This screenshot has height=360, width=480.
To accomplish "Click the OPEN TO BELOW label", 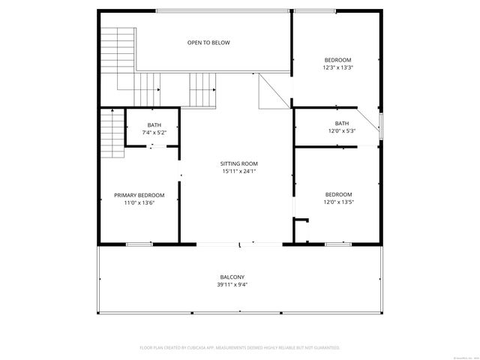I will tap(208, 43).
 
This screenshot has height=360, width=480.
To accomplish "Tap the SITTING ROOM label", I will tap(238, 163).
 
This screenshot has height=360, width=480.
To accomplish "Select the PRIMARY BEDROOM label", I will tap(139, 195).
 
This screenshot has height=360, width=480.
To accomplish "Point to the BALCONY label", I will tap(232, 277).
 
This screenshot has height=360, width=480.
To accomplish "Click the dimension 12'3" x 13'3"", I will tap(337, 67).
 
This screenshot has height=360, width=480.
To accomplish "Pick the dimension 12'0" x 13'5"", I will tap(337, 202).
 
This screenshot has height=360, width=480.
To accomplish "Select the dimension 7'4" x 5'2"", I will tap(154, 133).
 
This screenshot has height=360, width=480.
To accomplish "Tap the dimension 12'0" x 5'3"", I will tap(341, 131).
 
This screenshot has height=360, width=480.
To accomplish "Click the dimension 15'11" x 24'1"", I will tap(238, 171).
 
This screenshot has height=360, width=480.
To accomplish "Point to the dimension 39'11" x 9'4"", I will tap(232, 284).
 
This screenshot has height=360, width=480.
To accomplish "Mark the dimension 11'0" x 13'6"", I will tap(139, 202).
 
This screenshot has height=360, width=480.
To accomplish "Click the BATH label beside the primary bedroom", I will tap(154, 125).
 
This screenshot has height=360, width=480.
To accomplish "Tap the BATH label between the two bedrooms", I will tap(341, 124).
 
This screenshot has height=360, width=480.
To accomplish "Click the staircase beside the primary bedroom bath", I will tap(112, 133).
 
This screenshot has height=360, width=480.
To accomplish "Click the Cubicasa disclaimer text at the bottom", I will tap(240, 348).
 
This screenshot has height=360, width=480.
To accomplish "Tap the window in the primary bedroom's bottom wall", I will tap(139, 244).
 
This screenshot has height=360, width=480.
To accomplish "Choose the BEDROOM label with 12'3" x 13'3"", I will tap(337, 60).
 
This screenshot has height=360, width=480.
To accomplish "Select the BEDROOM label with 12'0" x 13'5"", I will tap(337, 194).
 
